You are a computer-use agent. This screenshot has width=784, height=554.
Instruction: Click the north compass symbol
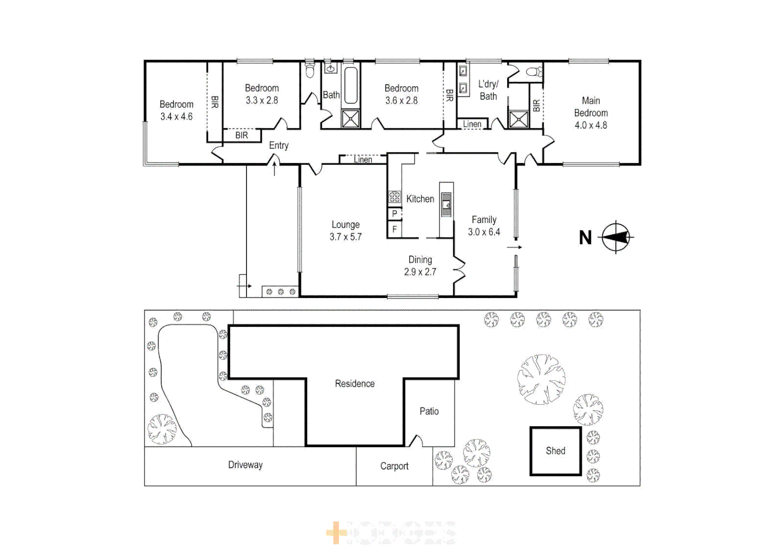pos(616,238)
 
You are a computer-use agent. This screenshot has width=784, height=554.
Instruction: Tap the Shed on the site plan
pos(556,451)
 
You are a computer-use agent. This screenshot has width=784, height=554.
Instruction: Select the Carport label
pos(394,466)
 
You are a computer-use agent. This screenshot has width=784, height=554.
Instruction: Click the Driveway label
pos(245,465)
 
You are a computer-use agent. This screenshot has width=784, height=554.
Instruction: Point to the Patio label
pos(429,411)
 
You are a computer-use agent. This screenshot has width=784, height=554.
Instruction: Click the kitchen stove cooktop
pos(394,197)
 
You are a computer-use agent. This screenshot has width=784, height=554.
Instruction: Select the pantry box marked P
pos(394,214)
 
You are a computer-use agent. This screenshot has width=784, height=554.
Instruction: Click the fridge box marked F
pos(394,229)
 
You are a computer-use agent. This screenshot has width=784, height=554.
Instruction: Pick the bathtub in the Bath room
pos(351,86)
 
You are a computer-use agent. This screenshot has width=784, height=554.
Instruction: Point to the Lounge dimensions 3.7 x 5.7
pos(346,237)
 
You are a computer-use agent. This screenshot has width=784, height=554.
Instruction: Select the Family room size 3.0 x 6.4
pos(484,232)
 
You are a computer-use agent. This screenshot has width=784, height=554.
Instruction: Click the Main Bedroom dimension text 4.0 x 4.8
pos(590,125)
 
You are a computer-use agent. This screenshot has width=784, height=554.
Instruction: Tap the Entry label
pos(279,146)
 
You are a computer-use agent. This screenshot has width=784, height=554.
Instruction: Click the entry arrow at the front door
pos(275,168)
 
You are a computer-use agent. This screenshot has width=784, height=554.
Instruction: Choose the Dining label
pos(420,260)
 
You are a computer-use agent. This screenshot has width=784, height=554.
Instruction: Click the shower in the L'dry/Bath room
pos(518,120)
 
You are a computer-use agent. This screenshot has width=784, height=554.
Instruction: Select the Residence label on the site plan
pos(355,384)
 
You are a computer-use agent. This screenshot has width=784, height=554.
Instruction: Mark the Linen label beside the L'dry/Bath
pos(472,124)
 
